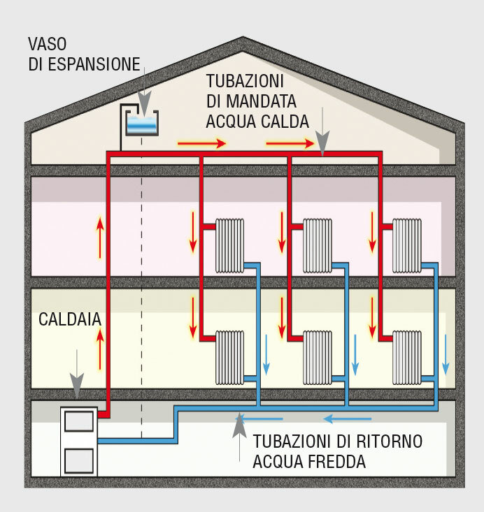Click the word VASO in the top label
pos(48,44)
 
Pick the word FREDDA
pos(338,462)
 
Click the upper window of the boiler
pos(79,422)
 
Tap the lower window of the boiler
pos(79,461)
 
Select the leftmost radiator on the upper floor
pos(229,245)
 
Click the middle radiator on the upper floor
pos(318,245)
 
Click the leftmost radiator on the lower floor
pos(229,356)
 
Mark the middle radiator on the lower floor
pos(318,356)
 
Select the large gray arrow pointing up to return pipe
pos(240,433)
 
